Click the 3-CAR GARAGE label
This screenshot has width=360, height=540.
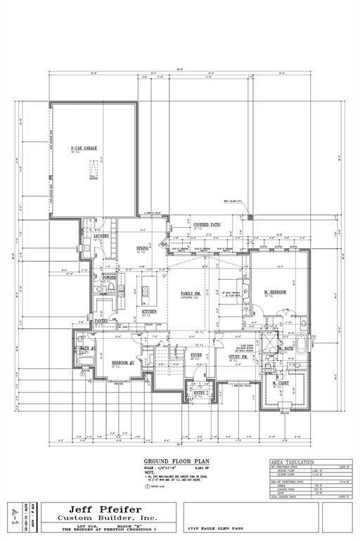82,148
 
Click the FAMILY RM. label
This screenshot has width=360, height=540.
191,292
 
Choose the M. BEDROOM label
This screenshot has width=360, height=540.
274,292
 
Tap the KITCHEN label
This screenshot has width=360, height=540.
150,311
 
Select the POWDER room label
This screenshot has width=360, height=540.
109,278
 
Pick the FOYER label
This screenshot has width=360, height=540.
197,356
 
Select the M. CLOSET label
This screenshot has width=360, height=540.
283,382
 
